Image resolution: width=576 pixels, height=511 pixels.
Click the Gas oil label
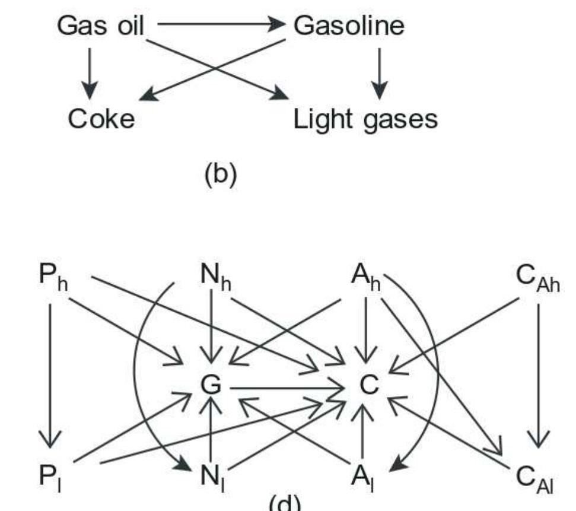point(100,26)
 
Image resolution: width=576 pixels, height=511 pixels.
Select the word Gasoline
point(349,26)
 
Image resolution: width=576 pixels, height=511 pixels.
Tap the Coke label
point(101,119)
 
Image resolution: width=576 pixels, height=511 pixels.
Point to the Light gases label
point(365,120)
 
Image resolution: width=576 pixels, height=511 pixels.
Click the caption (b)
point(220,174)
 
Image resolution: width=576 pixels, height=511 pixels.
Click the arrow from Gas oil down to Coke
point(89,72)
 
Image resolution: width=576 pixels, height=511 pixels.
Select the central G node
point(211,385)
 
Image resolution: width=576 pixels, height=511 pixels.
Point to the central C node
point(368,385)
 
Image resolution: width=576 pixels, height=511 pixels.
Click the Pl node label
point(52,475)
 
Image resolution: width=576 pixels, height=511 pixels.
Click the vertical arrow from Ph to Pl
point(50,374)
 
